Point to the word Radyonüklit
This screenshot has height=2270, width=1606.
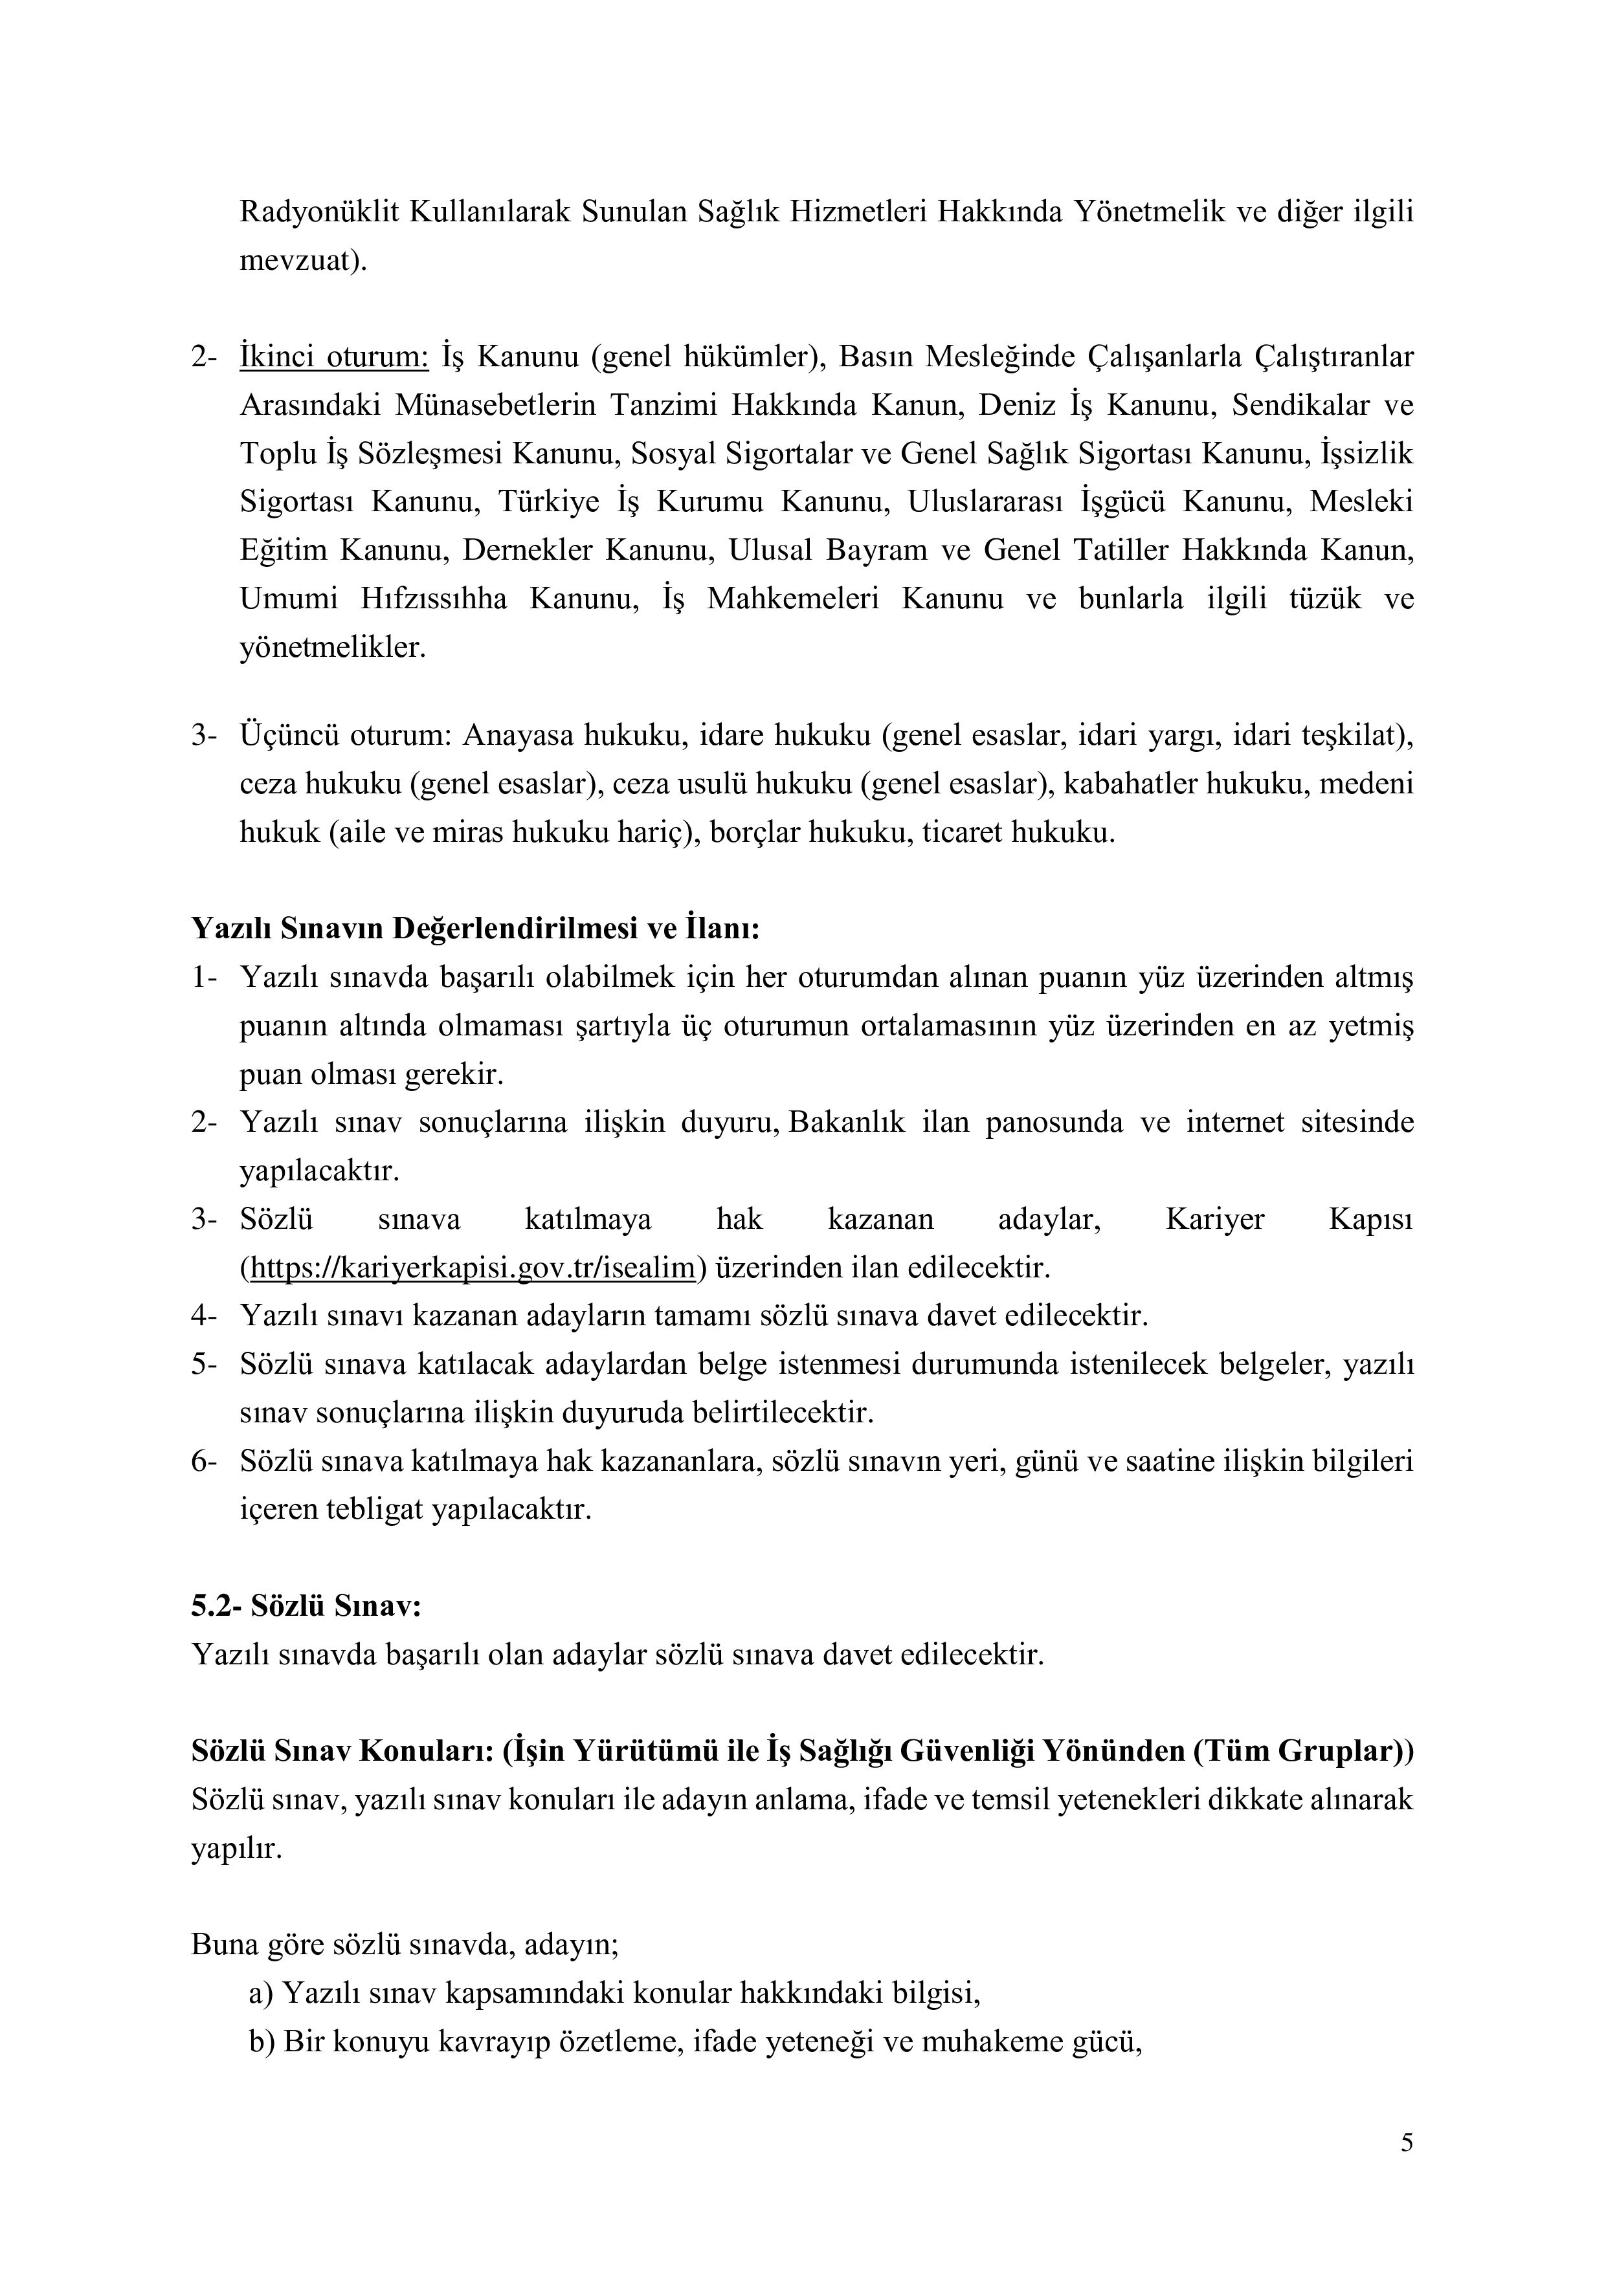click(317, 212)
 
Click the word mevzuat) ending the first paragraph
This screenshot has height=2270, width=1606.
click(302, 261)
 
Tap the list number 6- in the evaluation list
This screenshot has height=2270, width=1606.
click(203, 1461)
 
